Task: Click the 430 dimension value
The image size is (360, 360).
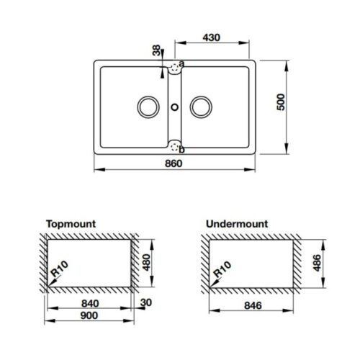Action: pos(211,36)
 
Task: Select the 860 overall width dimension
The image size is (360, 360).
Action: pos(173,163)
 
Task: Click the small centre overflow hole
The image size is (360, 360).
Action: pos(174,107)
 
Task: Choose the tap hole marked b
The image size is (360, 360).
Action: pos(174,146)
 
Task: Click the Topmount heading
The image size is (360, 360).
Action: pos(71,224)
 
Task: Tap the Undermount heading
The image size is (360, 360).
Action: pos(237,224)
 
